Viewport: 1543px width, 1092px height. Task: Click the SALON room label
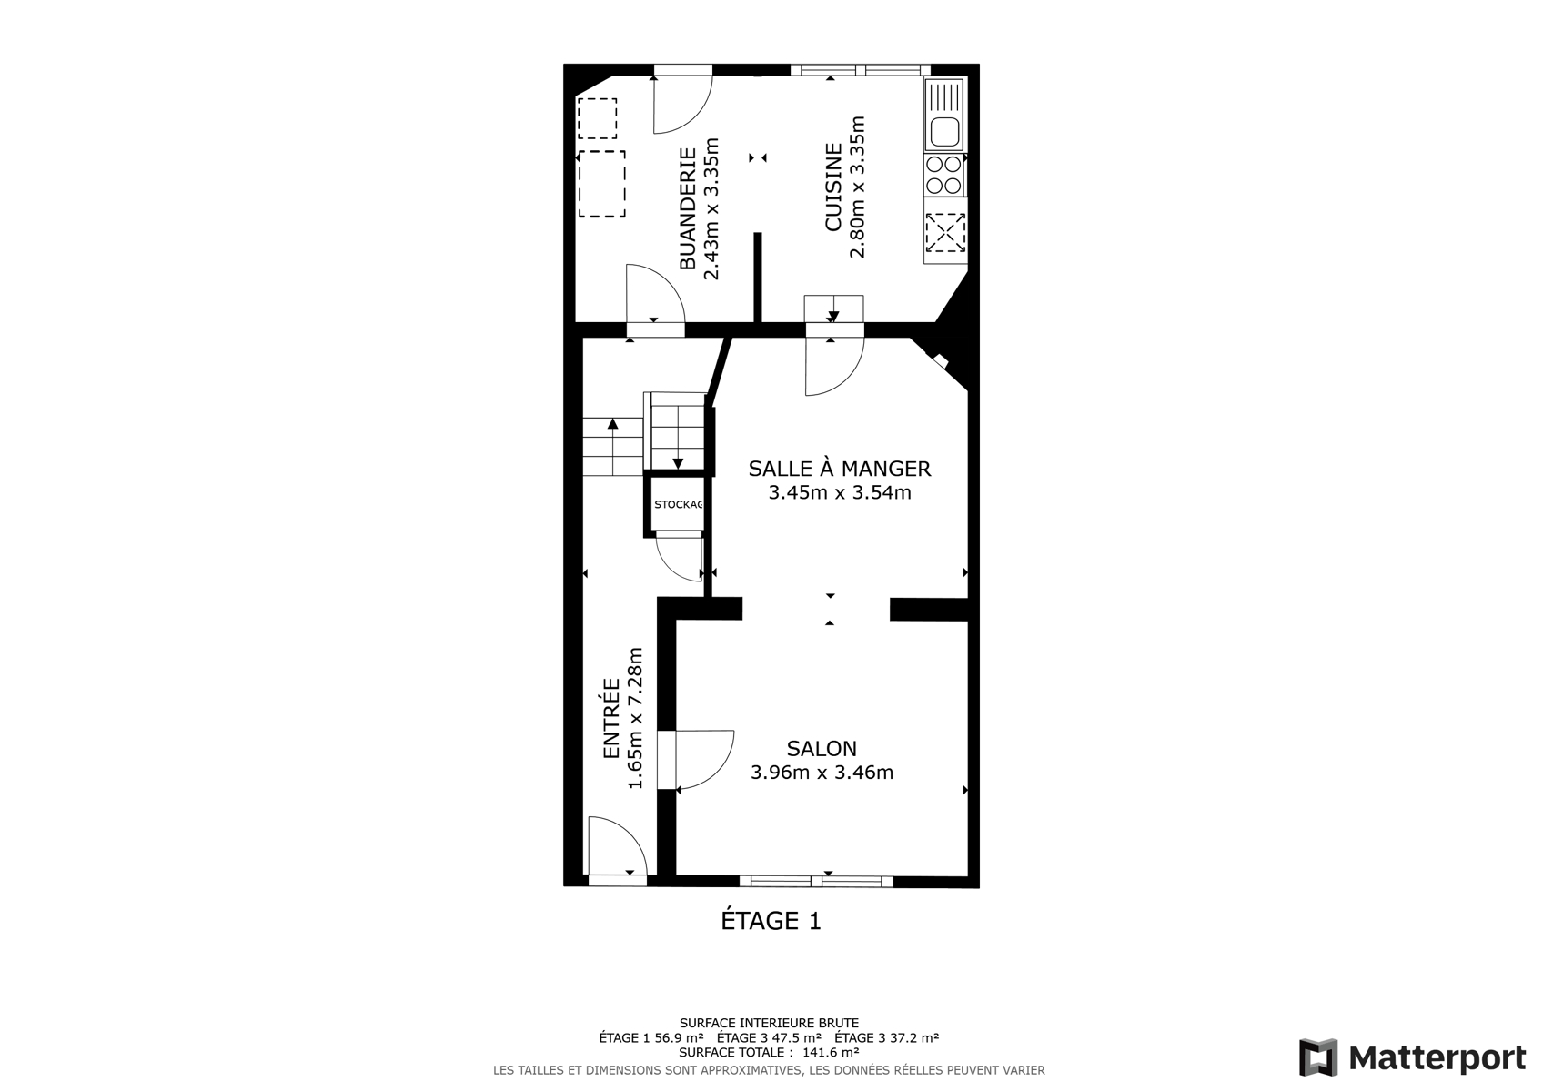(x=822, y=748)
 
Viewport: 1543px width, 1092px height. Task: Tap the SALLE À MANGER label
(x=840, y=468)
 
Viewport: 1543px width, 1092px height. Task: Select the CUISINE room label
(x=833, y=187)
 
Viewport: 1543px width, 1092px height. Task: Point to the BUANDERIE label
(x=688, y=208)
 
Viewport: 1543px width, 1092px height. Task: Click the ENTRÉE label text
(x=611, y=719)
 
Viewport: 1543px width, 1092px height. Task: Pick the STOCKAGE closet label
(x=679, y=504)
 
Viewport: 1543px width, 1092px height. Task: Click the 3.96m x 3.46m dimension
(x=822, y=773)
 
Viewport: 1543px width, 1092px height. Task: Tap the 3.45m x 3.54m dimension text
(x=840, y=492)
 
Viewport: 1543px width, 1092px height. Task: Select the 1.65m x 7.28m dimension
(x=635, y=719)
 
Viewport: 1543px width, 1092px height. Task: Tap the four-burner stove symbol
(x=944, y=175)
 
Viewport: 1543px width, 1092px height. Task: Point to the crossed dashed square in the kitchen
(x=945, y=232)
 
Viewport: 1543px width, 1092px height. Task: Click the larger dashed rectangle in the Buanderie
(x=602, y=184)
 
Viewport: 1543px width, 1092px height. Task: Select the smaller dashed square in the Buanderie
(x=597, y=118)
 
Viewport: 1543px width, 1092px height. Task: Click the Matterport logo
(x=1412, y=1057)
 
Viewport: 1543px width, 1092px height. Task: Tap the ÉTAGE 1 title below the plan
(x=771, y=921)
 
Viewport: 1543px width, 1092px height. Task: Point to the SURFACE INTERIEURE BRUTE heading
(x=770, y=1023)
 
